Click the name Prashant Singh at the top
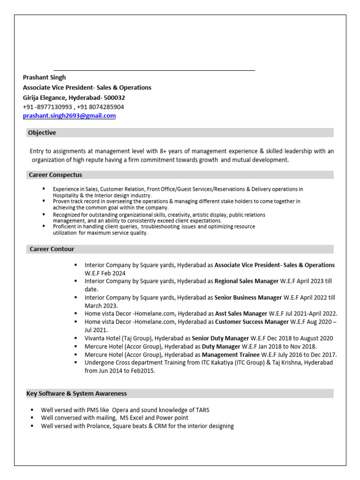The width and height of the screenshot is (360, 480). click(x=45, y=77)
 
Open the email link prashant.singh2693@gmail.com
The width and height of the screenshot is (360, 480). click(x=69, y=116)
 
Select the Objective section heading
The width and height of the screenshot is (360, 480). click(x=42, y=133)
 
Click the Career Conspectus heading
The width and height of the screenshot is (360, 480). click(x=56, y=175)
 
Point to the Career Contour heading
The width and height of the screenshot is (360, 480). click(x=52, y=249)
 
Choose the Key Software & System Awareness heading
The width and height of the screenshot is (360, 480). click(x=76, y=393)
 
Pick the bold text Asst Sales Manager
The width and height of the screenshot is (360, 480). click(x=234, y=314)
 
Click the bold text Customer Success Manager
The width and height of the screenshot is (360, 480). click(x=252, y=322)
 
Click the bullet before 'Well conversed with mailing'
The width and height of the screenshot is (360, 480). click(x=32, y=417)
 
